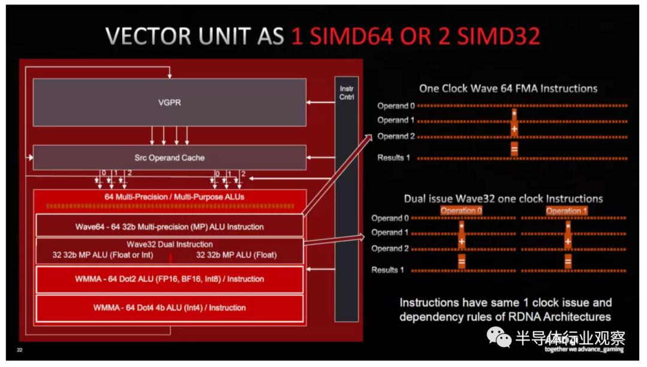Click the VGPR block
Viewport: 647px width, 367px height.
169,102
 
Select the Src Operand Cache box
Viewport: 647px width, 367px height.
169,157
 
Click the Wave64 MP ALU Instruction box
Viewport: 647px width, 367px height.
170,227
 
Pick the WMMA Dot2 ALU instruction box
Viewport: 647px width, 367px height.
170,279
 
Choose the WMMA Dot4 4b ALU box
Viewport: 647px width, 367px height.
170,308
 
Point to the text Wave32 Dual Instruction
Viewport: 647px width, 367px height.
170,244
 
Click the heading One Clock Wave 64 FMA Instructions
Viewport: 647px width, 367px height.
508,89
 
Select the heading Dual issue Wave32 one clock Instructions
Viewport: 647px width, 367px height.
503,198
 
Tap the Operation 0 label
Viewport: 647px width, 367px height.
461,211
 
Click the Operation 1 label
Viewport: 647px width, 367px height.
567,211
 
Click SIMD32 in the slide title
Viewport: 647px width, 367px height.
499,37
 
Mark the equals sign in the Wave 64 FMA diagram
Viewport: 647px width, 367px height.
514,149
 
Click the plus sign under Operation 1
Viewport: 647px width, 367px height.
567,242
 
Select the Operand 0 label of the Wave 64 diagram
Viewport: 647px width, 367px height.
395,106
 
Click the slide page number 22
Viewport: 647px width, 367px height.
20,350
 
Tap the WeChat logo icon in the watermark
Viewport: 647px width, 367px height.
498,337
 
